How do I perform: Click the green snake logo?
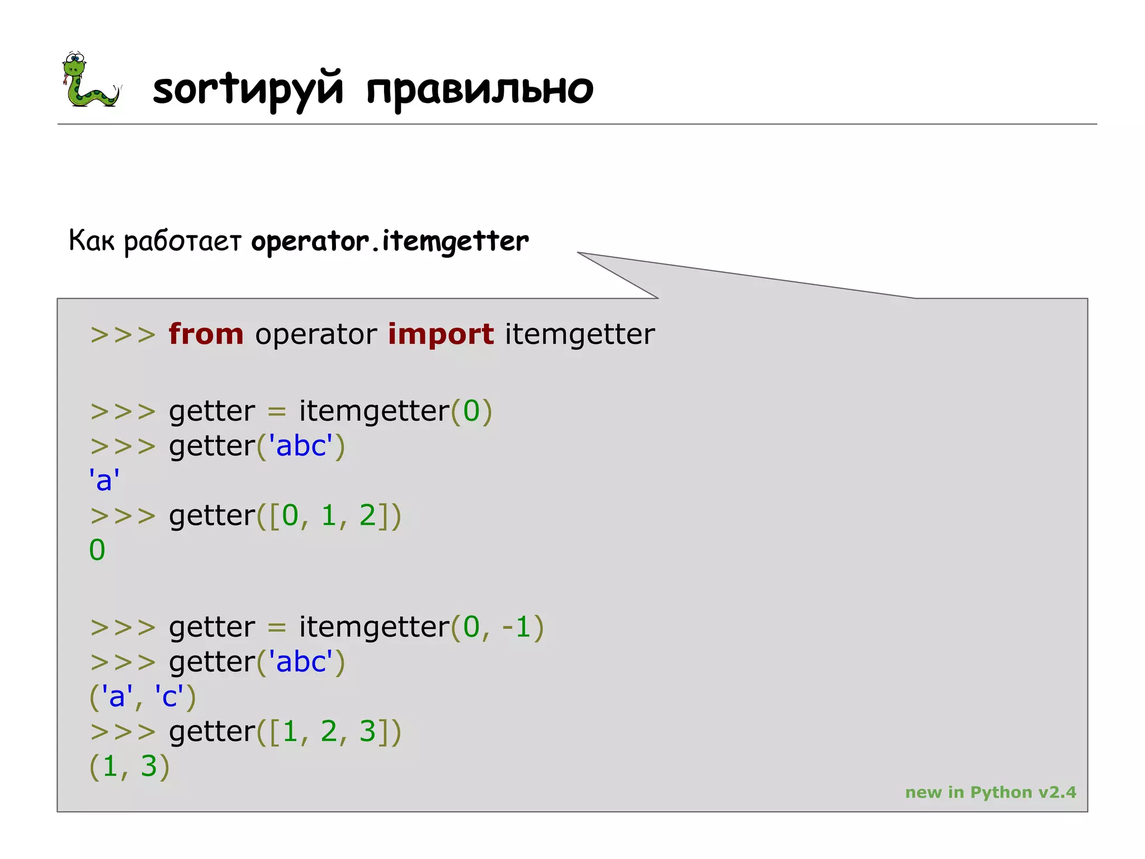coord(89,80)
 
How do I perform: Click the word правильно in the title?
coord(479,89)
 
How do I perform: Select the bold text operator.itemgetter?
coord(390,242)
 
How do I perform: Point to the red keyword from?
coord(206,334)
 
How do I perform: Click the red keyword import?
coord(441,334)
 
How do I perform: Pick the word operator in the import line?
coord(316,334)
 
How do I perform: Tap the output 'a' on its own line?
coord(104,480)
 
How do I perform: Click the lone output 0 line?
coord(97,550)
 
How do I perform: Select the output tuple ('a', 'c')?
coord(143,697)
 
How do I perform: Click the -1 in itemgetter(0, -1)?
coord(515,627)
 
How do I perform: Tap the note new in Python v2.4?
coord(990,792)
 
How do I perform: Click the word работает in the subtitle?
coord(182,242)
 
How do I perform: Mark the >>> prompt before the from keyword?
coord(123,335)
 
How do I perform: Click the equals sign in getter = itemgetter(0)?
coord(277,412)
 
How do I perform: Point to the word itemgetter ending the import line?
coord(579,334)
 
